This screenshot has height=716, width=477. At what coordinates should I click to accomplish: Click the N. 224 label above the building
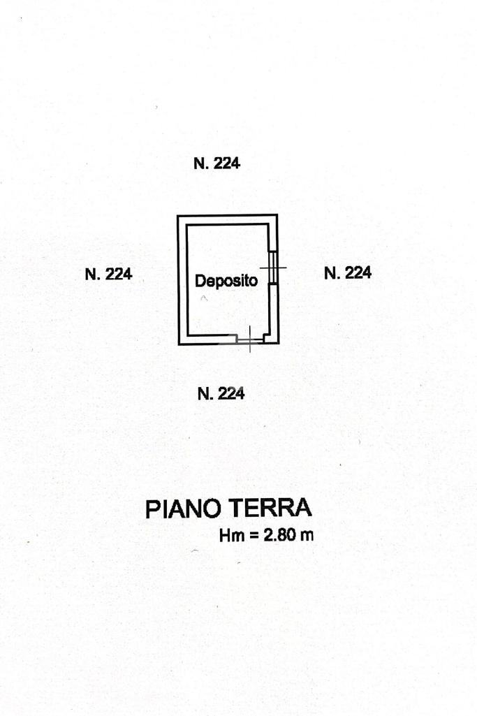click(x=217, y=164)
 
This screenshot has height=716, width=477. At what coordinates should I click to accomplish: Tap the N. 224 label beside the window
click(x=348, y=273)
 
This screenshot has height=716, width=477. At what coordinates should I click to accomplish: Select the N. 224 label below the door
click(x=221, y=394)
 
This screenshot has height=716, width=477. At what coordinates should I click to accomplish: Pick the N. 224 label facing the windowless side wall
click(x=108, y=275)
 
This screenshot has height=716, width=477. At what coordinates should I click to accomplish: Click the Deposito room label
click(x=226, y=282)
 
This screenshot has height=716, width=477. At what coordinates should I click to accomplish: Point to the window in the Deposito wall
click(x=274, y=266)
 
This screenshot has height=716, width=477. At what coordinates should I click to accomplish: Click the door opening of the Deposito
click(x=251, y=340)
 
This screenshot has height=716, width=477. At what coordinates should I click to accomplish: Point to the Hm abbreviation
click(x=230, y=536)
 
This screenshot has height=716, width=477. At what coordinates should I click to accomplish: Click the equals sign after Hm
click(x=254, y=537)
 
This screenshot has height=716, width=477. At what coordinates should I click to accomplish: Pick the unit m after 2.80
click(x=307, y=537)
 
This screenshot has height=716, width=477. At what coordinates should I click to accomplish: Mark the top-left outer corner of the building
click(x=177, y=215)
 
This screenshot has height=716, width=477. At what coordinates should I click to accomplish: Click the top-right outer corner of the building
click(x=278, y=215)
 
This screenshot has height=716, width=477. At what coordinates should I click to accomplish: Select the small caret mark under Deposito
click(x=204, y=299)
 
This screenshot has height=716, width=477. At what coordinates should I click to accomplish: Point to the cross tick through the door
click(x=250, y=339)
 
